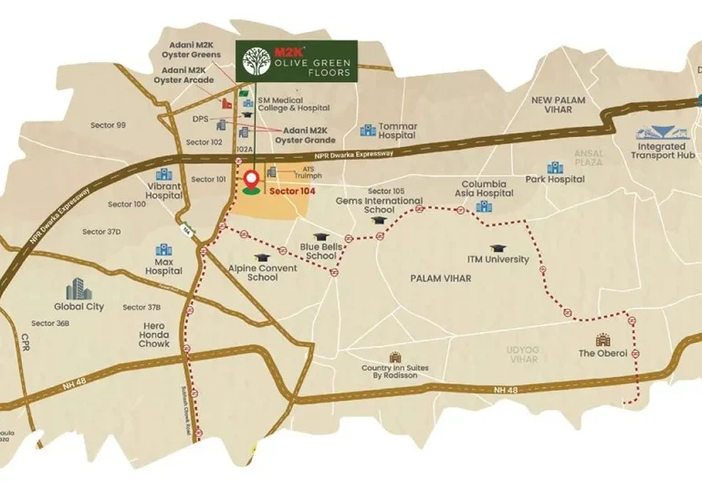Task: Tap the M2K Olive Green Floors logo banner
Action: click(297, 60)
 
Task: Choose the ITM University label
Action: click(498, 259)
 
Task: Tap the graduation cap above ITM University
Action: click(498, 247)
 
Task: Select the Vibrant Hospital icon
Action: click(164, 174)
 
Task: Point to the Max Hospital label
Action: click(163, 266)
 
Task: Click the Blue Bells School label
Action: click(320, 252)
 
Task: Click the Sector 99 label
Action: click(108, 125)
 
